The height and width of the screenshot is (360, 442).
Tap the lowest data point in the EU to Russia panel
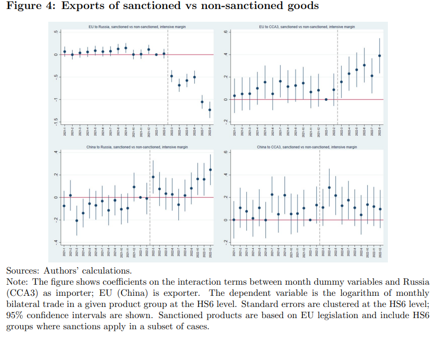210,110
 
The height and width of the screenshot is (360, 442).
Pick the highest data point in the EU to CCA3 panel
379,56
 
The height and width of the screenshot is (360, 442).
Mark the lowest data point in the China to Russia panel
76,221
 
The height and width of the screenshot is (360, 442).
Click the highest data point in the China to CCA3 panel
329,187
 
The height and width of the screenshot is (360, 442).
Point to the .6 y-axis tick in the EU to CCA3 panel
225,32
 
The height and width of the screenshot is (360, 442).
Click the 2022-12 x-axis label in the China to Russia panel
210,252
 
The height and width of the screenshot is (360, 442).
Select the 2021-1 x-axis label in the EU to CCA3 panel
234,133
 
